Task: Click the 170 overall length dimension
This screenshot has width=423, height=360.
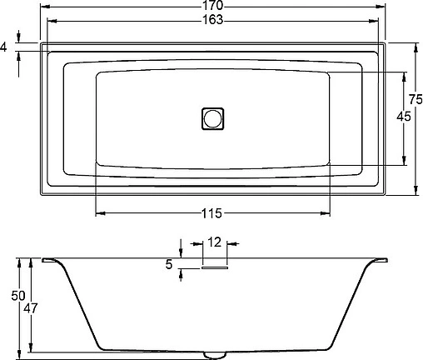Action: point(212,6)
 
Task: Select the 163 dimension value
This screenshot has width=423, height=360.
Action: point(212,20)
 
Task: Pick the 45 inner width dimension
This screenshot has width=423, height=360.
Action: point(403,117)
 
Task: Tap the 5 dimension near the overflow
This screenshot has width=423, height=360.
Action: point(170,265)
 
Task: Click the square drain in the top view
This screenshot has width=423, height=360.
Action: point(213,118)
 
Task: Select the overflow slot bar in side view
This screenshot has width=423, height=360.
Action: point(214,267)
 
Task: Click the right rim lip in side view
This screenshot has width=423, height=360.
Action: point(376,261)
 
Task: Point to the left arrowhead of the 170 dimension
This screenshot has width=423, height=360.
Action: point(42,6)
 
